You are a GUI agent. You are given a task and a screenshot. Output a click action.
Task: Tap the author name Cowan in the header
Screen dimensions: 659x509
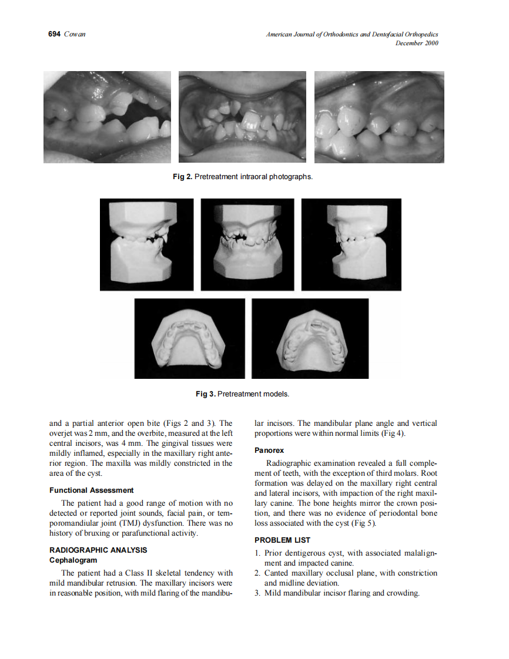click(x=75, y=35)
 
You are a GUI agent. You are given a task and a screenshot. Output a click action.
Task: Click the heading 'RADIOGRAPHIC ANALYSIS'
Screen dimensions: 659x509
click(x=98, y=550)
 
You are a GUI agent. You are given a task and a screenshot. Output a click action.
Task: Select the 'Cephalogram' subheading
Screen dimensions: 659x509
click(x=73, y=560)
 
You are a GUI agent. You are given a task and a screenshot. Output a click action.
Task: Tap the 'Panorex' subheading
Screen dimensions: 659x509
click(x=269, y=450)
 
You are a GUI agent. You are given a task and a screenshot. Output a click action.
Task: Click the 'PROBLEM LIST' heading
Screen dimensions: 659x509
click(x=283, y=540)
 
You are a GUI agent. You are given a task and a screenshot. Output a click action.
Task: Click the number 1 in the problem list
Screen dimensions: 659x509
click(x=257, y=553)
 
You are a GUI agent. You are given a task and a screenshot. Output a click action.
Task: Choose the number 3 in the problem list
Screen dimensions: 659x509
click(x=257, y=593)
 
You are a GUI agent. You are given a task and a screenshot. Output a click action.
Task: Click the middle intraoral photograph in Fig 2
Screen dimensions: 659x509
click(x=242, y=117)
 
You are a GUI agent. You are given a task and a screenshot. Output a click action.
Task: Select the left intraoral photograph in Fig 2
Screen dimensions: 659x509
click(x=107, y=117)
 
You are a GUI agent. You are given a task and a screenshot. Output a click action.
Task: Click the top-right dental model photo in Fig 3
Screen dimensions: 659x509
click(x=351, y=244)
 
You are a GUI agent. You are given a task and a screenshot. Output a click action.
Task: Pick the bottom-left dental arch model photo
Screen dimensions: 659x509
click(x=189, y=338)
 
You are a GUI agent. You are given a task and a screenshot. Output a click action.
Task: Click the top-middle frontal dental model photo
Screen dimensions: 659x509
click(x=247, y=244)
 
